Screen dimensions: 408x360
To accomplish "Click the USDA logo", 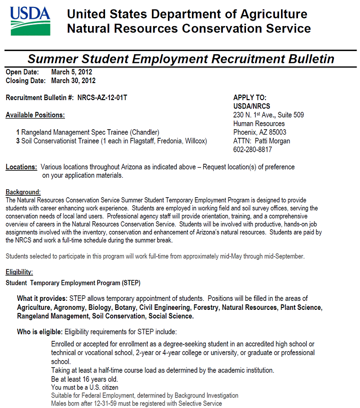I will (x=30, y=21).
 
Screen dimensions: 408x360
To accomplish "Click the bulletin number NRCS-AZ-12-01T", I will (x=102, y=98).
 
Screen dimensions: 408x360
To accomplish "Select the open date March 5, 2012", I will (x=71, y=72).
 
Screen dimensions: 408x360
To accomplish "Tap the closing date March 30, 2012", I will (x=73, y=81).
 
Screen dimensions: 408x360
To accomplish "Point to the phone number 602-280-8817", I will (x=252, y=150).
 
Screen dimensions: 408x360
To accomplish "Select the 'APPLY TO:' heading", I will (x=250, y=98).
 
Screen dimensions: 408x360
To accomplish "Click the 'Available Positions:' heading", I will (x=35, y=115).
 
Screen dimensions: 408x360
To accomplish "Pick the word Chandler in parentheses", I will (x=144, y=132).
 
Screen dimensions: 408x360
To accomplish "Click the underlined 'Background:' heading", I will (x=23, y=192).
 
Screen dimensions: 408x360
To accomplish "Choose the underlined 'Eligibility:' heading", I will (x=19, y=272).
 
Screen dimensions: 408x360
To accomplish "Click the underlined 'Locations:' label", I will (x=21, y=167).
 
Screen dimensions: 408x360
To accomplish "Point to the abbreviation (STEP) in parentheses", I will (x=131, y=283).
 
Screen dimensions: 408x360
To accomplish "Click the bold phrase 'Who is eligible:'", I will (x=39, y=332).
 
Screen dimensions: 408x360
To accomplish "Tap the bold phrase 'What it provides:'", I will (x=42, y=299).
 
